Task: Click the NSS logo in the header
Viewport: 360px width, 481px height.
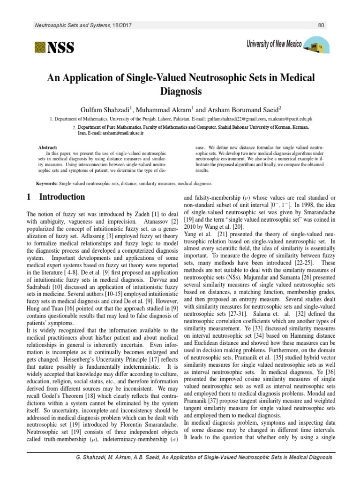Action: tap(54, 47)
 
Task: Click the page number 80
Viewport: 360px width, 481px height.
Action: tap(321, 25)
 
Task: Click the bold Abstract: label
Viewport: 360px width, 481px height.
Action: tap(47, 147)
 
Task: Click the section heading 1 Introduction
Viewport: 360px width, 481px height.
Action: tap(56, 197)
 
